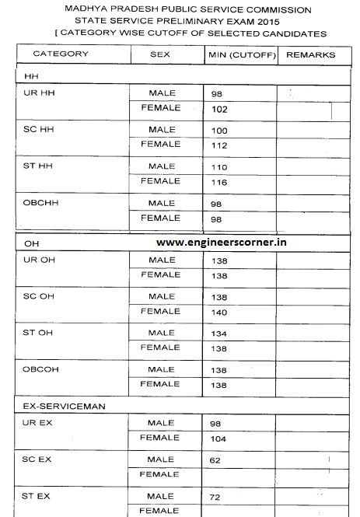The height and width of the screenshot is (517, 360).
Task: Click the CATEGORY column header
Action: (61, 54)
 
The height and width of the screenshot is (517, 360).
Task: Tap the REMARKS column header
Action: (310, 55)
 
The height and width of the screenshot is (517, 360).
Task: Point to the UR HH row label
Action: (40, 93)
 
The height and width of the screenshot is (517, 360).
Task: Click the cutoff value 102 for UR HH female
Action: (218, 110)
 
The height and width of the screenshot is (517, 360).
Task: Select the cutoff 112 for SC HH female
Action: (218, 146)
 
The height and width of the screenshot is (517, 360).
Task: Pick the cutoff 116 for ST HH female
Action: (218, 183)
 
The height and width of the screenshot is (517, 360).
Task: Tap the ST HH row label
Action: (39, 166)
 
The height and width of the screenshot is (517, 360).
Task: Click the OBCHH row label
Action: (40, 203)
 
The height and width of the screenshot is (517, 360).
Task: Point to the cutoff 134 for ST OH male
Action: (218, 334)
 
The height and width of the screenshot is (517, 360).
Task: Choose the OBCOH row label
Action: (41, 369)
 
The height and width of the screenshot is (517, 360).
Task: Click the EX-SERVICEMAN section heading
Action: (65, 407)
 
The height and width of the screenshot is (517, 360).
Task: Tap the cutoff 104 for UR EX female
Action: (218, 439)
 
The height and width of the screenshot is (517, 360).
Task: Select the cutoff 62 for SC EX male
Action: (215, 460)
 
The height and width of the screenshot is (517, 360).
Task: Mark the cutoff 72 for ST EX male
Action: (215, 497)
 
